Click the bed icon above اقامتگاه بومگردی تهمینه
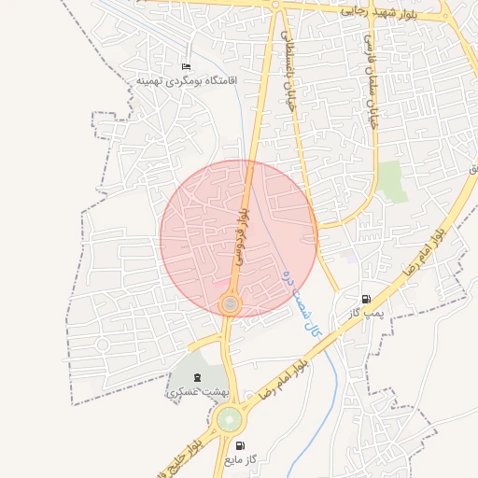(186, 67)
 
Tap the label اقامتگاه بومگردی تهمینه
(188, 81)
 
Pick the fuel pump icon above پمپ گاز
(366, 299)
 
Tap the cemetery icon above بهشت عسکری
(197, 377)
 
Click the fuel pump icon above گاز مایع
(242, 446)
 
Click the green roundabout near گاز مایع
(228, 420)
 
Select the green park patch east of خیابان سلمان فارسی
(392, 180)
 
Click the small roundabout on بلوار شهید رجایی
(276, 6)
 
